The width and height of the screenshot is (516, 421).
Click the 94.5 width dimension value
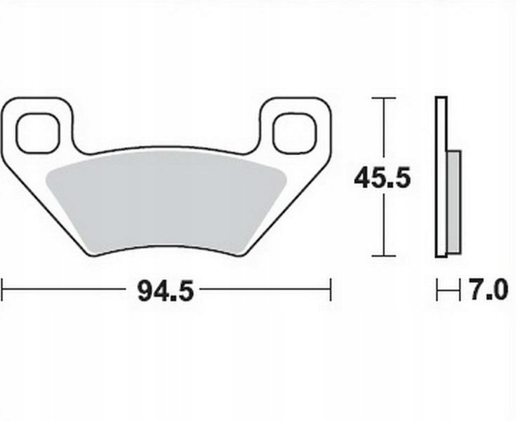point(166,290)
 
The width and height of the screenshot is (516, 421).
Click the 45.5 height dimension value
point(383,178)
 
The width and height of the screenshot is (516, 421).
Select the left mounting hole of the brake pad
point(38,133)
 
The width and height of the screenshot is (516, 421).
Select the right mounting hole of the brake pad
point(295,133)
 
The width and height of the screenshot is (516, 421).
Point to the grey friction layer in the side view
point(454,202)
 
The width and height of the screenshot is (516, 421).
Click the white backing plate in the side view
point(441,177)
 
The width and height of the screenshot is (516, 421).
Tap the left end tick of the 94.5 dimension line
point(2,289)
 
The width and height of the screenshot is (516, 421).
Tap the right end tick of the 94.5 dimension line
point(331,289)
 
